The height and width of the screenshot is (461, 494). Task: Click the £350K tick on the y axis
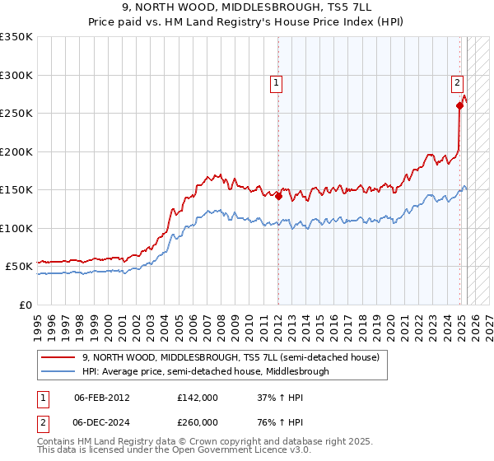16,37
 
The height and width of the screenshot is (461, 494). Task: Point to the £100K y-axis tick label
16,228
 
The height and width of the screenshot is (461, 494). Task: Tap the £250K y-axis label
16,114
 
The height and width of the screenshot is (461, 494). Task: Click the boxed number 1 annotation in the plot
276,82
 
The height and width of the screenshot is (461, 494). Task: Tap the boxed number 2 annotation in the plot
456,81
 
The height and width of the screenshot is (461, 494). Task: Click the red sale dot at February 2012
278,196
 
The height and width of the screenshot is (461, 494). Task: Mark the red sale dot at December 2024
459,105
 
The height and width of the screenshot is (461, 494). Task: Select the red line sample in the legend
60,358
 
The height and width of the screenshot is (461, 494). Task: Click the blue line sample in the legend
60,371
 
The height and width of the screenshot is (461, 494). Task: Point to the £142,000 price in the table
197,398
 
